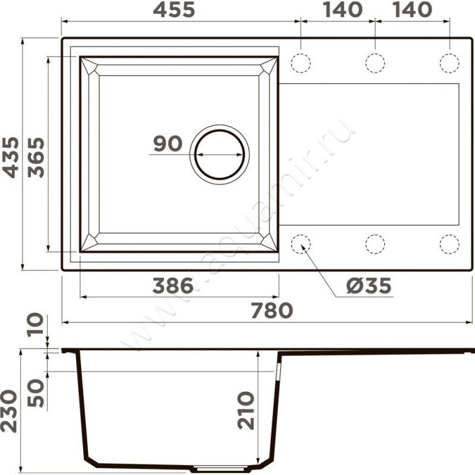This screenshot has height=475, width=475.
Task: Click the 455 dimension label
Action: (x=173, y=9)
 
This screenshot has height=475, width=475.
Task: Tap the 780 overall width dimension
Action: (x=272, y=311)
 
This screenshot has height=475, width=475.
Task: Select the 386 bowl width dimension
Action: (x=173, y=286)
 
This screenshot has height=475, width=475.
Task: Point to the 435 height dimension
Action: (x=10, y=157)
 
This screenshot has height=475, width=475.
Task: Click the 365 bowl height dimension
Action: (x=36, y=157)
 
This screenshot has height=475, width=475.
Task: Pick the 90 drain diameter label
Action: (x=168, y=144)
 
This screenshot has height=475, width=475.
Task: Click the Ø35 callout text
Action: (x=369, y=286)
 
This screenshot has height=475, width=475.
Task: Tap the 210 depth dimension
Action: (x=245, y=410)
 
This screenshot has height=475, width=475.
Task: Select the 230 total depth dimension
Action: (x=8, y=411)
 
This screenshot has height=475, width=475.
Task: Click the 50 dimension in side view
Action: (x=36, y=393)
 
